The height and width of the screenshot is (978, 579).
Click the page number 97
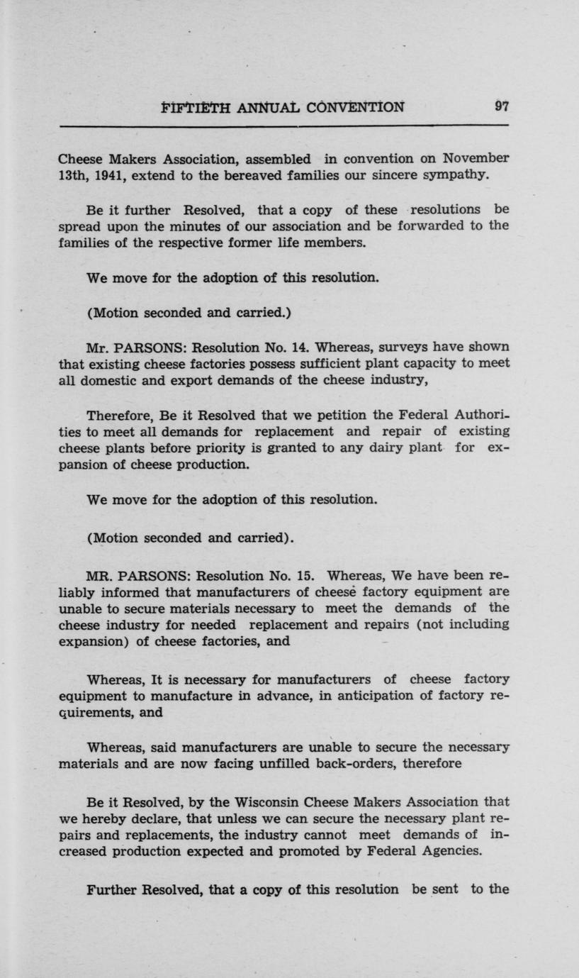[x=501, y=107]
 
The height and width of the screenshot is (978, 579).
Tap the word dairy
[x=395, y=448]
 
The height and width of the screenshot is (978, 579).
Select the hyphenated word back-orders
[x=420, y=764]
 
